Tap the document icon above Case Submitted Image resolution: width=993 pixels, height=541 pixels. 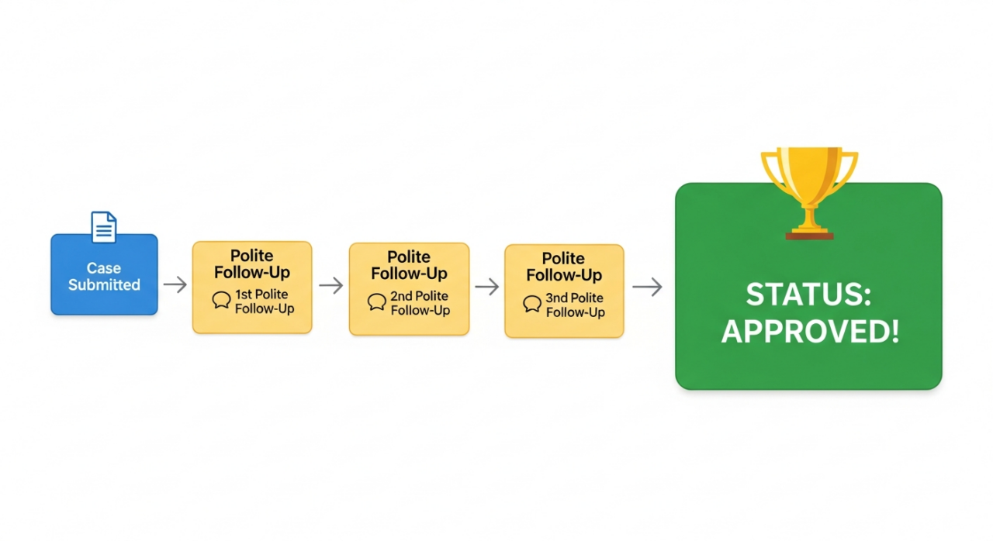point(104,227)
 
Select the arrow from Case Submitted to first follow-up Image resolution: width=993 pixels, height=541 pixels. point(175,284)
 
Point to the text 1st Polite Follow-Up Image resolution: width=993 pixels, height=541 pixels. point(265,301)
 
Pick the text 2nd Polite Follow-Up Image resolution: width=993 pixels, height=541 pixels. point(420,303)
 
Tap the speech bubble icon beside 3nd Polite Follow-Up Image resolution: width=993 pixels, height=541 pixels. point(532,304)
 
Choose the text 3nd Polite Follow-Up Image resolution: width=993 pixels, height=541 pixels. point(575,305)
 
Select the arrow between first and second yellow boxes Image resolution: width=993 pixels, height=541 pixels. point(331,285)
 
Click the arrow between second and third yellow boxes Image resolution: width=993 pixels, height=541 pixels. point(487,287)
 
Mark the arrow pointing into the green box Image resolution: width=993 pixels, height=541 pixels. point(647,287)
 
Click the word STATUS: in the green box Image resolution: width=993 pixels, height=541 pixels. point(809,295)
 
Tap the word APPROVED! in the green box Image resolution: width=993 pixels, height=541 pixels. point(809,332)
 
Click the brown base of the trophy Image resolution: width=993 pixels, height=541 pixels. point(809,235)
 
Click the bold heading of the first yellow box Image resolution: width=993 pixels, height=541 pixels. point(252,264)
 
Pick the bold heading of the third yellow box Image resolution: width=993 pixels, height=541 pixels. point(564,267)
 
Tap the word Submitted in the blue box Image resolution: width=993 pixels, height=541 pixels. point(104,284)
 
